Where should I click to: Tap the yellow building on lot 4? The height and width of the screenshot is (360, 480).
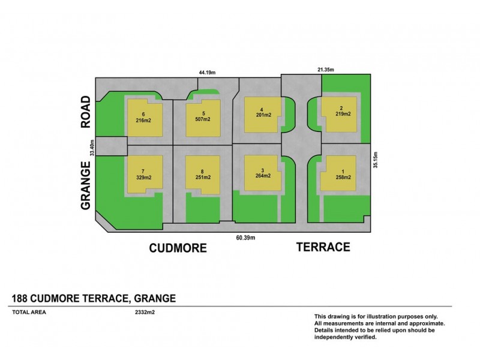(x=262, y=113)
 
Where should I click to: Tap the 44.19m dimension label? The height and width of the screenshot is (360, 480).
(x=207, y=72)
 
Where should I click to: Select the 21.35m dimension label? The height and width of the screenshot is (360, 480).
(x=326, y=70)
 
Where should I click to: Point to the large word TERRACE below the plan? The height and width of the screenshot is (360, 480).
(x=323, y=247)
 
